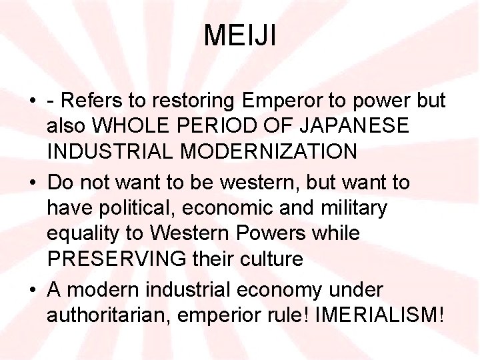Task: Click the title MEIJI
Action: point(240,35)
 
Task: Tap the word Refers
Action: point(91,101)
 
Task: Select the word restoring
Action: point(189,101)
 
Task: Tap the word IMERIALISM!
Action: point(377,315)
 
